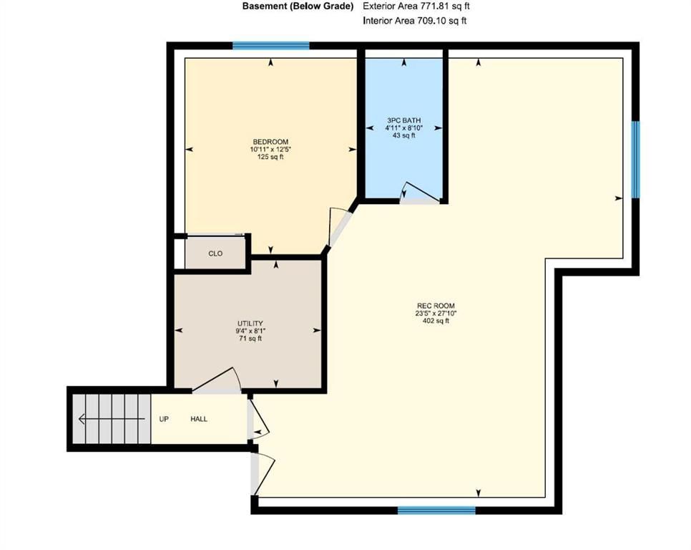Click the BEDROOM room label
point(270,142)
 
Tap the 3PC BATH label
point(403,120)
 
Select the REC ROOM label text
point(436,306)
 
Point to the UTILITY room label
point(250,323)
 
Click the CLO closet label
point(215,254)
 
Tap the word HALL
point(199,419)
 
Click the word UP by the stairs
point(164,419)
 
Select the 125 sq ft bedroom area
point(270,157)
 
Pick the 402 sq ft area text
point(436,321)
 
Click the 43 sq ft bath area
point(403,135)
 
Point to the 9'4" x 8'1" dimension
point(250,331)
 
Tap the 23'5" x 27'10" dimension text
point(436,314)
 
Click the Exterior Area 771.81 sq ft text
point(416,6)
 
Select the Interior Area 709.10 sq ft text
point(414,21)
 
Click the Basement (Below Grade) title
point(298,6)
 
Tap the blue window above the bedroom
point(271,45)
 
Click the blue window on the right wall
point(635,159)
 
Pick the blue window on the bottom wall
point(436,511)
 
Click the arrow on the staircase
point(112,418)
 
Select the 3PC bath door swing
point(420,193)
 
